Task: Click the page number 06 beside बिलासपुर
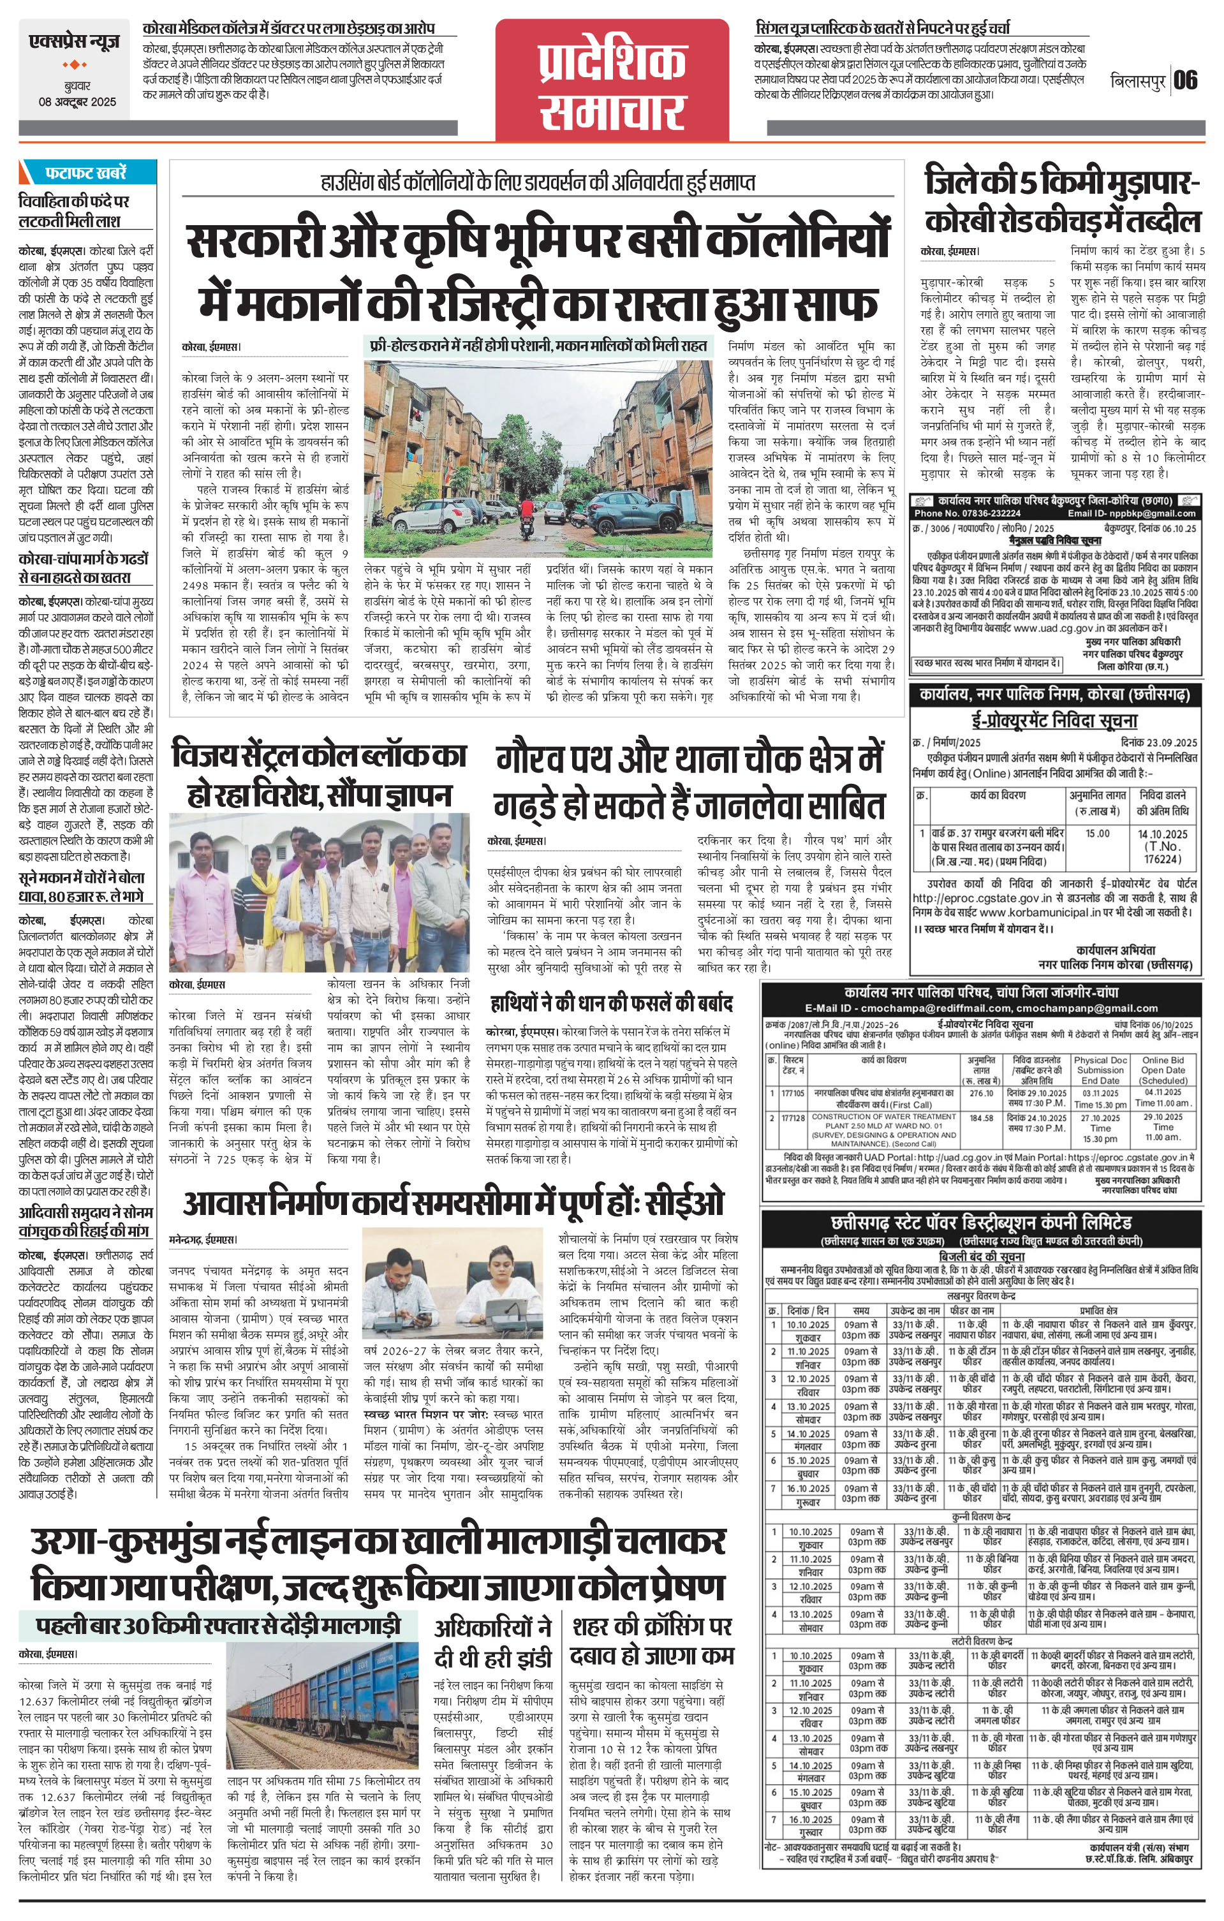pos(1185,80)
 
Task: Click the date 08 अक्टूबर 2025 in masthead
pos(77,101)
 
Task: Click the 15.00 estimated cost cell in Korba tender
pos(1097,834)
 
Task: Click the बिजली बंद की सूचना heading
pos(980,1256)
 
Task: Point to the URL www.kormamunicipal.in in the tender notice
pos(1033,910)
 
